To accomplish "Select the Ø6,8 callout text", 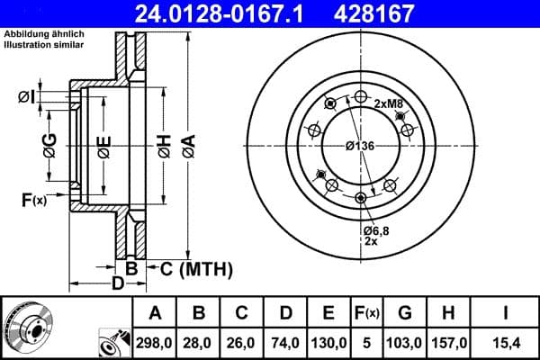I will click(x=376, y=231).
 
